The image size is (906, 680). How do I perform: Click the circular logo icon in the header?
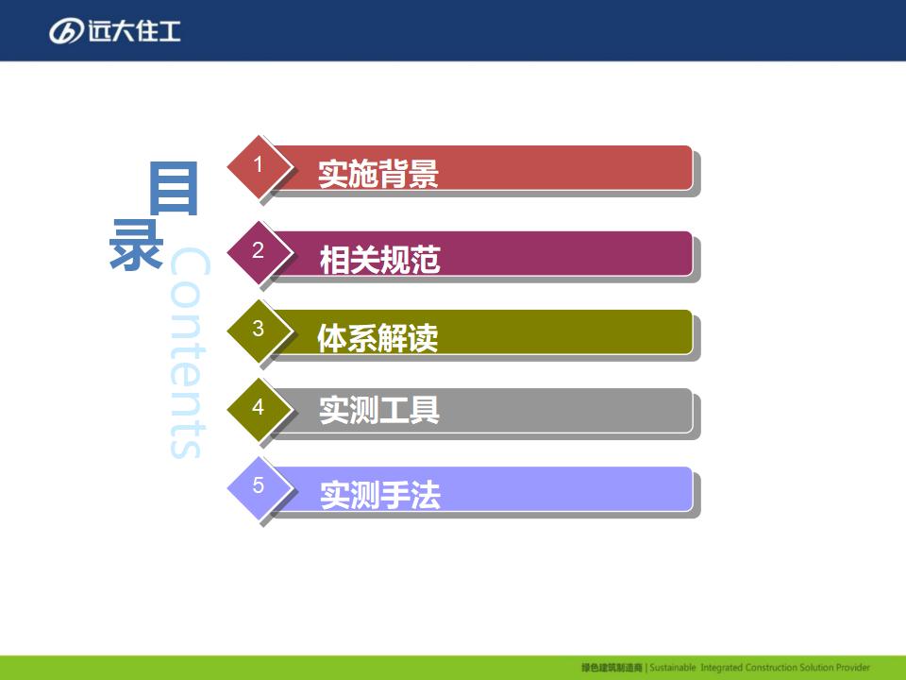(x=66, y=31)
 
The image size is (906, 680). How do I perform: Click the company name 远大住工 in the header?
(x=135, y=31)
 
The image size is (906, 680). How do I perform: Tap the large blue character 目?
(x=174, y=189)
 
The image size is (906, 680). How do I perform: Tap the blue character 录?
(x=136, y=244)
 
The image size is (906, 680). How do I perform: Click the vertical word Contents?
(x=189, y=352)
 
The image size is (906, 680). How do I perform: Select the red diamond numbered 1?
(x=259, y=166)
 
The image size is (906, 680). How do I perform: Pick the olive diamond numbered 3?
(x=259, y=331)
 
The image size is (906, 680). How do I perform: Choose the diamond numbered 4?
(x=259, y=408)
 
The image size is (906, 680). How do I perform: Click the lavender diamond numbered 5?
(x=259, y=487)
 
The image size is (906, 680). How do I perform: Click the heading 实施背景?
(x=378, y=174)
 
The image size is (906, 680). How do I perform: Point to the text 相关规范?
(x=380, y=259)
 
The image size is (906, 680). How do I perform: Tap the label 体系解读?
(x=377, y=338)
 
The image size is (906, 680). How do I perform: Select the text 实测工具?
(x=379, y=410)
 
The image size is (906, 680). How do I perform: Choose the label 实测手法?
(x=380, y=495)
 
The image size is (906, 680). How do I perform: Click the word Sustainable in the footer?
(x=673, y=668)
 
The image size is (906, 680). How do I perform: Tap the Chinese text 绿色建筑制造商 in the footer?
(x=612, y=668)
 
